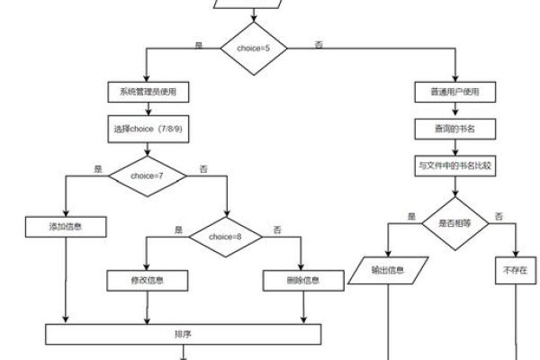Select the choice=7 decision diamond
pos(146,175)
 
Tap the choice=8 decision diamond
pos(225,236)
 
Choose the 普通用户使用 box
pos(454,93)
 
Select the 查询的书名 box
pos(454,129)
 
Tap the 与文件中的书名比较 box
pos(454,166)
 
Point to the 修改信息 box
pos(146,281)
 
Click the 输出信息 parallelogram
pos(387,270)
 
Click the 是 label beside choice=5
pos(199,44)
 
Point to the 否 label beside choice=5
pos(319,44)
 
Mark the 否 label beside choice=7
pos(202,168)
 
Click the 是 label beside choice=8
pos(178,229)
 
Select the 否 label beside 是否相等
pos(499,217)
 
